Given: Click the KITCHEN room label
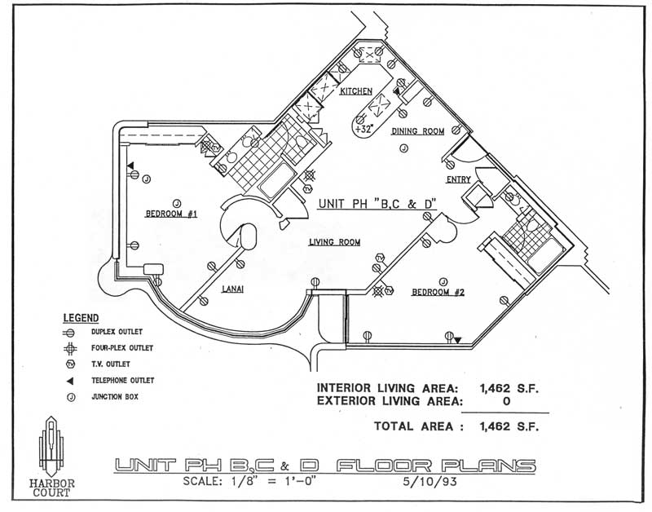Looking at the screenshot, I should tap(356, 91).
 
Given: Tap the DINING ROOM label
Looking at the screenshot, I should tap(417, 131).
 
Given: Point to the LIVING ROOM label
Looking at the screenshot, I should tap(334, 242).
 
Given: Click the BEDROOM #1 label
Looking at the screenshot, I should tap(172, 214).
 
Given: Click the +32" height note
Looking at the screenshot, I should tap(363, 128).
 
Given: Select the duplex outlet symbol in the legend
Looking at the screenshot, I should tap(71, 332).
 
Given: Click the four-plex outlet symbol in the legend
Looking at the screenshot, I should tap(71, 348).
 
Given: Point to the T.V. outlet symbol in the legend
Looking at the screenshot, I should tap(71, 364).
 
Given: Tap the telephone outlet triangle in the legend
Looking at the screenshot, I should tap(71, 380).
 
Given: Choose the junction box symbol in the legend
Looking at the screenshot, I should tap(71, 397).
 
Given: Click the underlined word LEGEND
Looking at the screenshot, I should tap(81, 318).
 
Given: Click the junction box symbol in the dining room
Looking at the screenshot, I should tap(403, 148).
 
